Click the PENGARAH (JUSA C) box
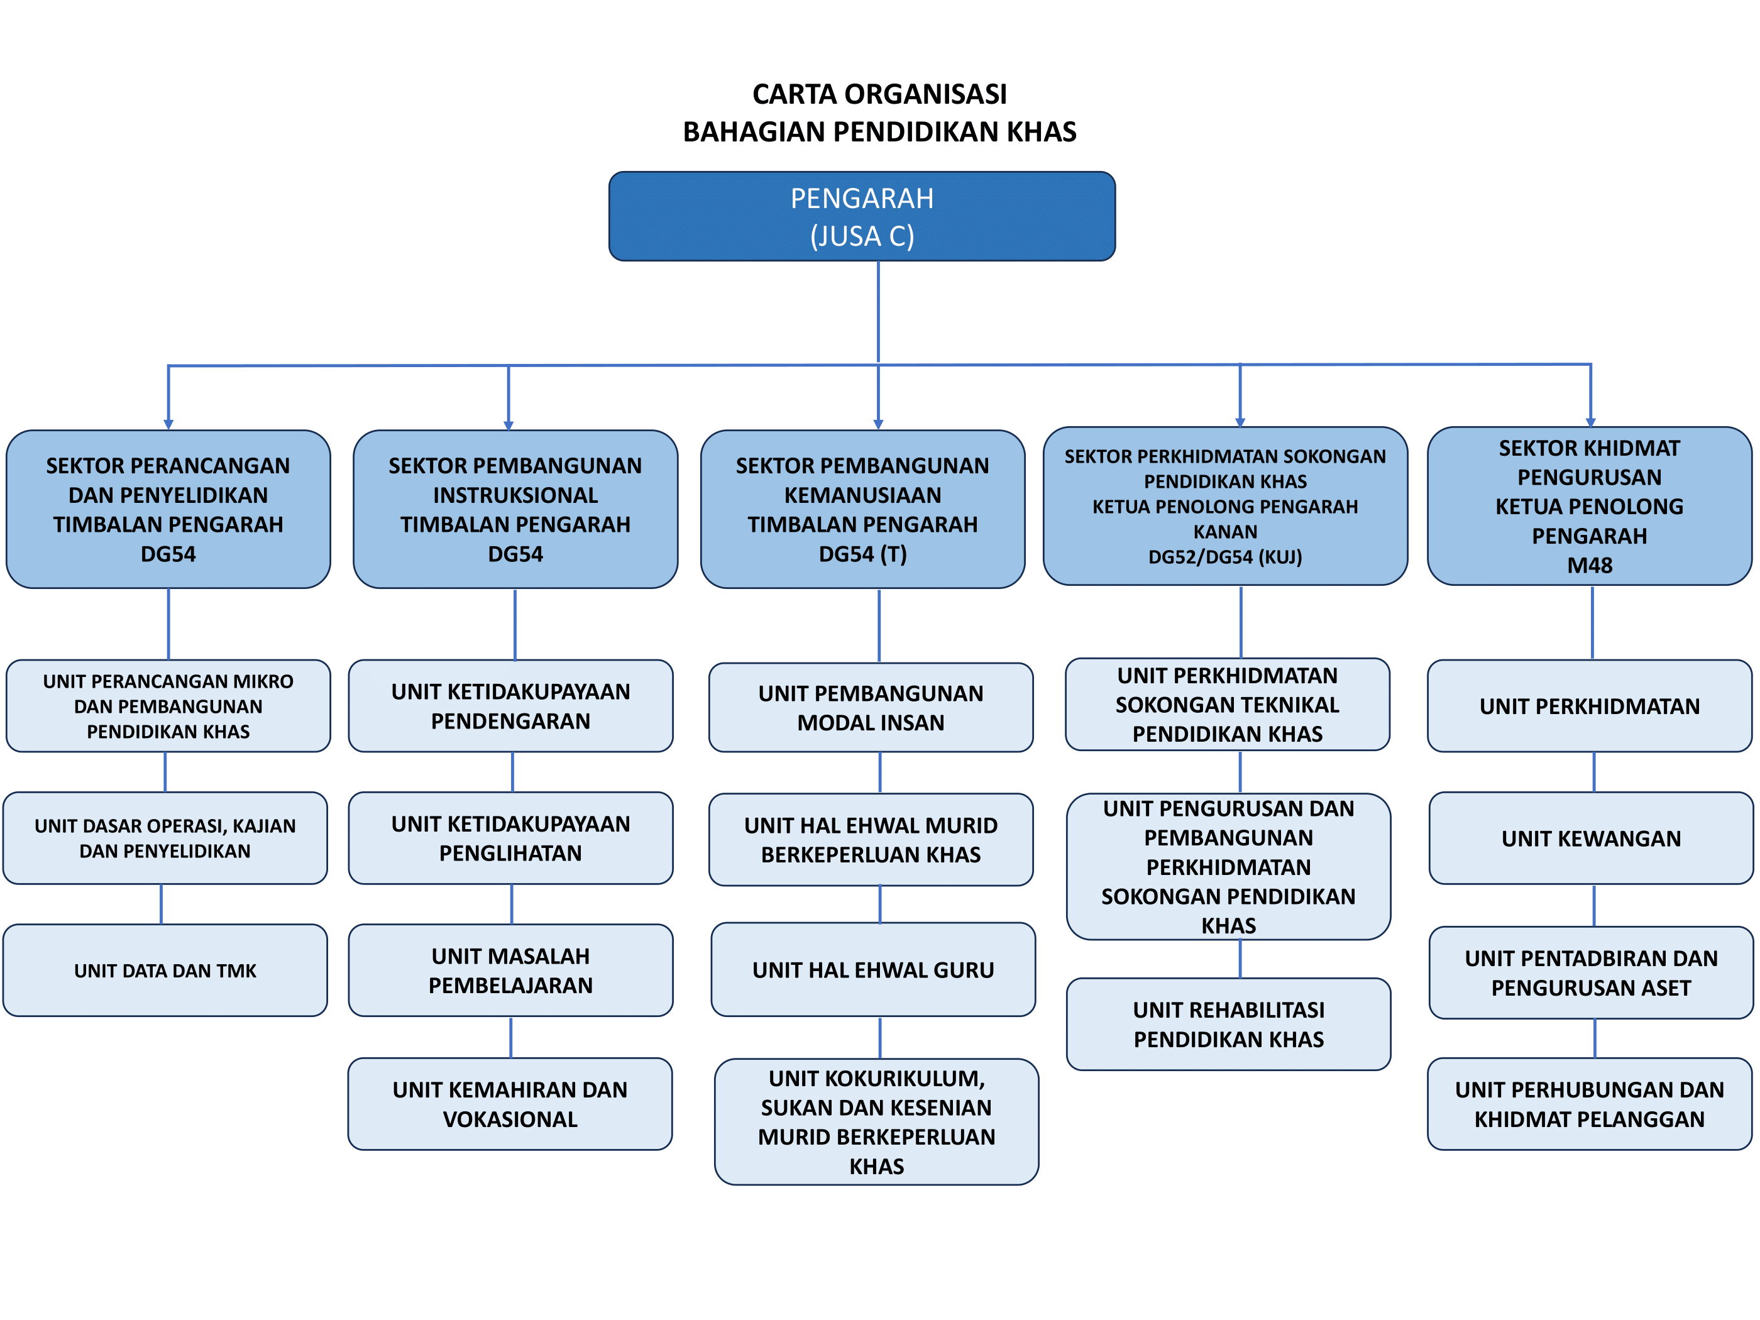coord(862,216)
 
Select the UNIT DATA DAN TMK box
coord(165,970)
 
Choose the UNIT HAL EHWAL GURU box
coord(873,969)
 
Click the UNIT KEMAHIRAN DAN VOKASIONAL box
coord(510,1104)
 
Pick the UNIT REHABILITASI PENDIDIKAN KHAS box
coord(1228,1024)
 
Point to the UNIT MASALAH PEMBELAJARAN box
coord(510,970)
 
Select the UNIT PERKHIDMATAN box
coord(1589,706)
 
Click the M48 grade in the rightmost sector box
coord(1589,565)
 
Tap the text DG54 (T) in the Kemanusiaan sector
coord(862,554)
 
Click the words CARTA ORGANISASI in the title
coord(879,94)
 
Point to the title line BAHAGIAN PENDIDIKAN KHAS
coord(879,131)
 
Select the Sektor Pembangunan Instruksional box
coord(515,509)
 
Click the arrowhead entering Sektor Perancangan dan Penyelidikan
coord(168,424)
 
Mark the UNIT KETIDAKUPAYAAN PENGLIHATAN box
coord(510,838)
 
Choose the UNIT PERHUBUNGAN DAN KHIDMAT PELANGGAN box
coord(1589,1104)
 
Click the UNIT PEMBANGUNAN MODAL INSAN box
coord(871,707)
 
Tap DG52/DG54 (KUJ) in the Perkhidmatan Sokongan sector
coord(1224,557)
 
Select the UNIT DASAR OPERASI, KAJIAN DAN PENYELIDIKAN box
coord(165,838)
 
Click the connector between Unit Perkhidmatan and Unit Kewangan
coord(1593,772)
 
